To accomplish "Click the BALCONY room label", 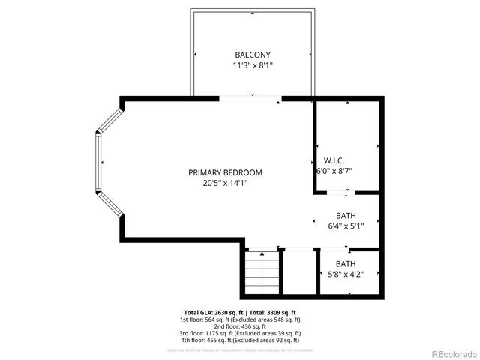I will click(252, 55).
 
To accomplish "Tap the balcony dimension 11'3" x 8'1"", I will click(252, 65).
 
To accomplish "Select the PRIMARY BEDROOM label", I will click(225, 172).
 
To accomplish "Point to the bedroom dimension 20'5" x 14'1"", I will click(225, 183).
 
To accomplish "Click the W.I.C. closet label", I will click(334, 160).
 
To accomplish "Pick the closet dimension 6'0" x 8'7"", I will click(334, 171).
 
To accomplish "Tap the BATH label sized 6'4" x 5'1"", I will click(346, 215).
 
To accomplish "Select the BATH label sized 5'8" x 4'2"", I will click(346, 263).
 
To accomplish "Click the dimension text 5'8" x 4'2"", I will click(346, 274).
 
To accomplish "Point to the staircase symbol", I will click(262, 271).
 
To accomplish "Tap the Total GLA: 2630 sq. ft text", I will click(241, 312).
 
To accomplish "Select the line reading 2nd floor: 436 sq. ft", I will click(241, 326).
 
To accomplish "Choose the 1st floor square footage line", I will click(241, 319).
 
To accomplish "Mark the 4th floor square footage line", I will click(241, 340).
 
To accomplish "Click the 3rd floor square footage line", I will click(241, 333).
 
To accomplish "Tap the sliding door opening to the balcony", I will click(250, 98).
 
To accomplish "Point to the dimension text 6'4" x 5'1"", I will click(346, 226).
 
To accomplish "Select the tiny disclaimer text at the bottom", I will click(241, 350).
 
